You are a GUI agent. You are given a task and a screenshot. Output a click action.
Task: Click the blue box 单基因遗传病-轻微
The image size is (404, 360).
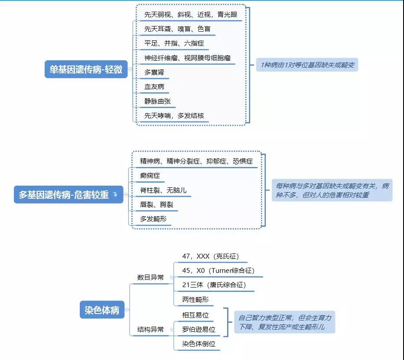pyautogui.click(x=86, y=69)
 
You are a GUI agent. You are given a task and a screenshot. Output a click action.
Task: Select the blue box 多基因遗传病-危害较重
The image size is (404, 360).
pyautogui.click(x=68, y=194)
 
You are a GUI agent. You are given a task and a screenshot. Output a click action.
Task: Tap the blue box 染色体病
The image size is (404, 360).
pyautogui.click(x=102, y=310)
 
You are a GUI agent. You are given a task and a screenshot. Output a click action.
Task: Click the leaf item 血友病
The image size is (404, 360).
pyautogui.click(x=154, y=87)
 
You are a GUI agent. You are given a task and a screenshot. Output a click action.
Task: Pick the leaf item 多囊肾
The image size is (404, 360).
pyautogui.click(x=154, y=72)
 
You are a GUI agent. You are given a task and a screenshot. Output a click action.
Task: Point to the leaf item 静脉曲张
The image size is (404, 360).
pyautogui.click(x=157, y=101)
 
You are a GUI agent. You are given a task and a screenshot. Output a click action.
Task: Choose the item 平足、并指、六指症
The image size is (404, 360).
pyautogui.click(x=174, y=43)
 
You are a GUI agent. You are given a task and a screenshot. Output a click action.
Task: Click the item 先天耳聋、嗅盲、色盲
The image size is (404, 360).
pyautogui.click(x=178, y=29)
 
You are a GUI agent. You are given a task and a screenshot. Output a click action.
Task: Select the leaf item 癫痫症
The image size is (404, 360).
pyautogui.click(x=150, y=176)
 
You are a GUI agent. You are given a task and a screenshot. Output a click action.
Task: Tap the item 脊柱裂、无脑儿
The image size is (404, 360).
pyautogui.click(x=163, y=190)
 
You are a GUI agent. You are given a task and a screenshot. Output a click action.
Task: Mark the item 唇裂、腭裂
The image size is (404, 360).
pyautogui.click(x=156, y=204)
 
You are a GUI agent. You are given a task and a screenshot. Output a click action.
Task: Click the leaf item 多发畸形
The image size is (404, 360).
pyautogui.click(x=153, y=219)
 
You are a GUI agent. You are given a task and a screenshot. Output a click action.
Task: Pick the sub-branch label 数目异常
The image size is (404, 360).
pyautogui.click(x=150, y=278)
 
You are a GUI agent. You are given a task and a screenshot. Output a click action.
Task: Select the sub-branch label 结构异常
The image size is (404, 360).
pyautogui.click(x=150, y=329)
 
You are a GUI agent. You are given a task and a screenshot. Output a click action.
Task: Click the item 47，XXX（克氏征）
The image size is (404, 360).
pyautogui.click(x=211, y=256)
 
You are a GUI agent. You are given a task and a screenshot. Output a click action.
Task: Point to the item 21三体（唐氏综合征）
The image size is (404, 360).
pyautogui.click(x=214, y=285)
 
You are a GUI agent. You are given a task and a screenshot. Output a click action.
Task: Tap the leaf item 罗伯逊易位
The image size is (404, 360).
pyautogui.click(x=199, y=329)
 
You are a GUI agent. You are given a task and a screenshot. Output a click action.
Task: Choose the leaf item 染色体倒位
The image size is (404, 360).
pyautogui.click(x=199, y=344)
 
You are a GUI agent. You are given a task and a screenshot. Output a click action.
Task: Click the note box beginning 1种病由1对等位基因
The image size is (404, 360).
pyautogui.click(x=307, y=65)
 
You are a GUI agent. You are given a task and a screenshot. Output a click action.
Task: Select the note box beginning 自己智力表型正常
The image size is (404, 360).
pyautogui.click(x=285, y=322)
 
